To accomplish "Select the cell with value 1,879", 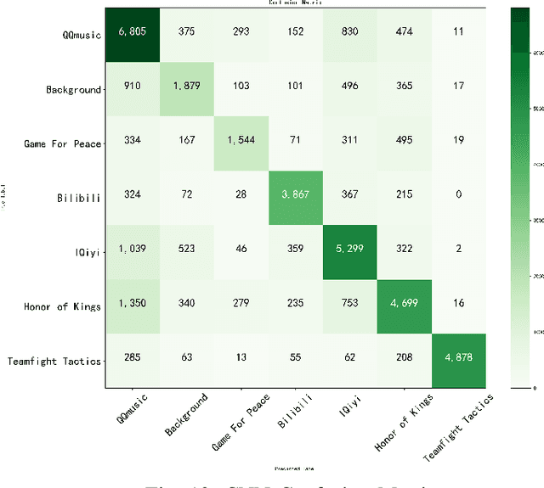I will coord(187,89).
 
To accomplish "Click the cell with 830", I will coord(350,35).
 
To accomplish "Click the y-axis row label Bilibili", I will coord(77,198).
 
